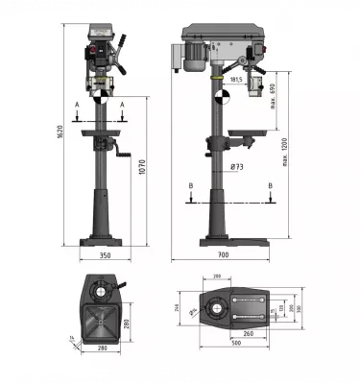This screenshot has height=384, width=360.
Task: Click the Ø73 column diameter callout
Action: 236,166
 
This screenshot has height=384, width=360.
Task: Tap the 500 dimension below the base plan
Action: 236,342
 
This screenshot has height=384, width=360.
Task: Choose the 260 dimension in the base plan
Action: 248,333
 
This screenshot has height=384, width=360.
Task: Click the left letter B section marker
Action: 192,184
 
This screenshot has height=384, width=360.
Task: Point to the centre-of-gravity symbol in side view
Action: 223,97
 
